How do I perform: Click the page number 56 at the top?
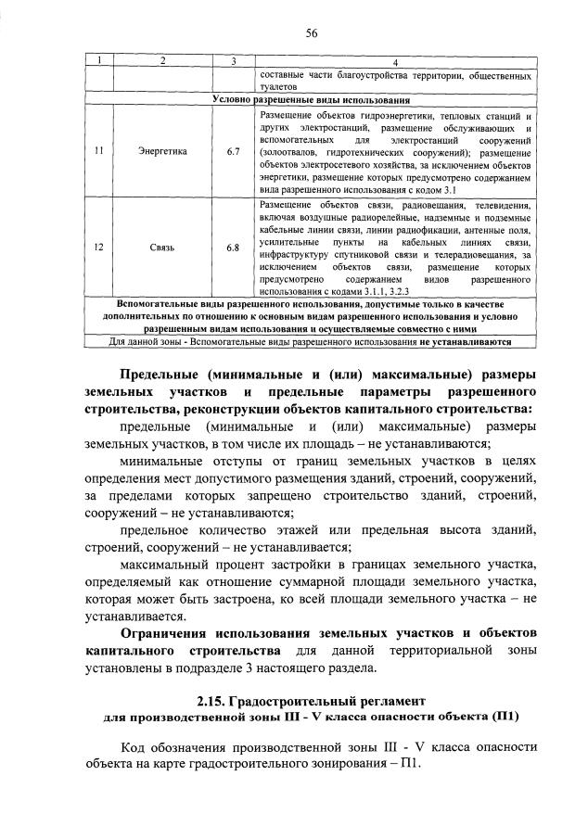coord(313,33)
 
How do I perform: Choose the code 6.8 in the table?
coord(233,248)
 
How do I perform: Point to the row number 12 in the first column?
coord(98,248)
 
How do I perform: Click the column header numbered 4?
coord(395,61)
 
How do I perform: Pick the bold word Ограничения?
coord(164,633)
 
